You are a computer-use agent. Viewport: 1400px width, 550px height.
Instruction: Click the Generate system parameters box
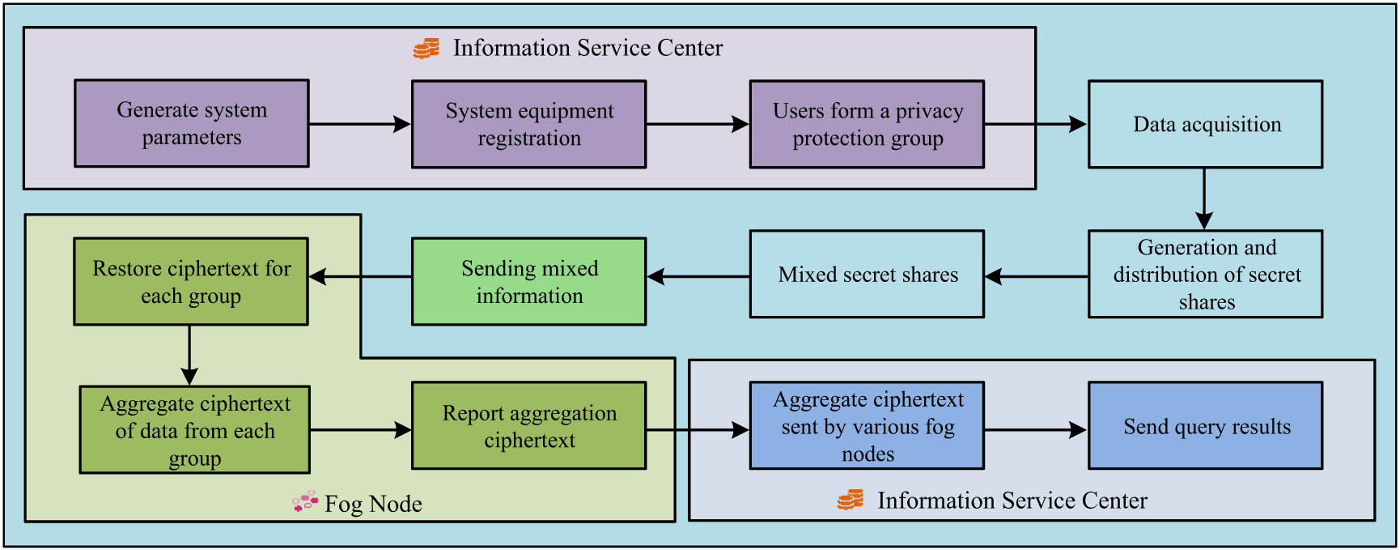pos(192,123)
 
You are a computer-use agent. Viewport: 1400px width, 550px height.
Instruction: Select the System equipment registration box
pos(528,124)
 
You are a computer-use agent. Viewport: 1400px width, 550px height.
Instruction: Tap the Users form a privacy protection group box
pos(867,124)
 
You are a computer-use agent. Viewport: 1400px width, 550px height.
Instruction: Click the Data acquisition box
pos(1205,124)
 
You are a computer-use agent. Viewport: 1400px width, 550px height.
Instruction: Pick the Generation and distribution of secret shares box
pos(1205,274)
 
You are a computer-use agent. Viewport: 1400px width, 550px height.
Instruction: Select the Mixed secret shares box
pos(867,274)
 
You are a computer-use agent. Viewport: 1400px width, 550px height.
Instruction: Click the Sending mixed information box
pos(528,281)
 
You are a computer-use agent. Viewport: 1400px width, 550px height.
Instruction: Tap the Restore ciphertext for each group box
pos(191,281)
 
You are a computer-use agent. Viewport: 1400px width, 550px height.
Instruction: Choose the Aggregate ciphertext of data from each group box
pos(194,429)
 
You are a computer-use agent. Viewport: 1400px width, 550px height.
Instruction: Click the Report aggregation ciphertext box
pos(528,425)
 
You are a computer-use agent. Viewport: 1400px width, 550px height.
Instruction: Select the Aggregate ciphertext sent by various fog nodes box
pos(867,425)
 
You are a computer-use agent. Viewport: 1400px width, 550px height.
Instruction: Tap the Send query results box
pos(1205,425)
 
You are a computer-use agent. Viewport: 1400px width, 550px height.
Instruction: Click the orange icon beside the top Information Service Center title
pos(426,49)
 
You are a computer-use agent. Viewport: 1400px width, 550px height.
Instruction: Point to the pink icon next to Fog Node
pos(305,502)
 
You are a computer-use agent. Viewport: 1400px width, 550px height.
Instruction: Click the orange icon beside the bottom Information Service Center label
pos(851,500)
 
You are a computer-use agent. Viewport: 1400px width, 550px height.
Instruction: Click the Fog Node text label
pos(373,504)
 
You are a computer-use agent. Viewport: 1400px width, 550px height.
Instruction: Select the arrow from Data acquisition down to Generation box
pos(1204,198)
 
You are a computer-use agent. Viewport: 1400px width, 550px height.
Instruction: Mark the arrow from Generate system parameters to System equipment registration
pos(359,124)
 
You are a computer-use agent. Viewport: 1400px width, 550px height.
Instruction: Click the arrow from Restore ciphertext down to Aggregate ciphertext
pos(189,355)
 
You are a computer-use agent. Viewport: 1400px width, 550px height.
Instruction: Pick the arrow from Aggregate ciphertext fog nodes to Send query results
pos(1035,430)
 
